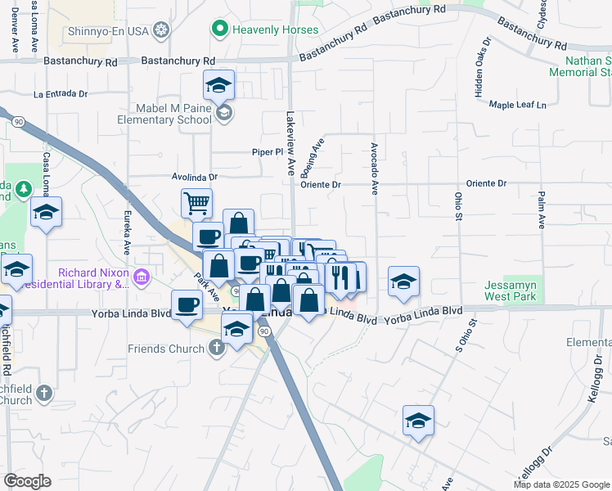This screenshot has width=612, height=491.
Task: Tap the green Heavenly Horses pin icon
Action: [x=219, y=30]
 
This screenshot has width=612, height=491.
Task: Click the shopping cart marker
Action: [x=196, y=202]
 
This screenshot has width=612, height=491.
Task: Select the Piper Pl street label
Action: [x=266, y=152]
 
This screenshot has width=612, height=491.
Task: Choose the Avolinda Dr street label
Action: [x=196, y=176]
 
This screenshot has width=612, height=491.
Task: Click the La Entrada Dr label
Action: [x=61, y=94]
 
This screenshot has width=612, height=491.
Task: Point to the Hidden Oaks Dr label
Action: [x=479, y=67]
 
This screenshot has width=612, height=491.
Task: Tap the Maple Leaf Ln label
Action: [x=517, y=105]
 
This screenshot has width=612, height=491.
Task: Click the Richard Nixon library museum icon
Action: [x=142, y=277]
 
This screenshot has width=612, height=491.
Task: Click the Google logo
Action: [x=28, y=481]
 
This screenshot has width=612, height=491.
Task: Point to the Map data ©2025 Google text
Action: [x=560, y=484]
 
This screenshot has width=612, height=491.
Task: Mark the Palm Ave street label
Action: [x=542, y=210]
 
